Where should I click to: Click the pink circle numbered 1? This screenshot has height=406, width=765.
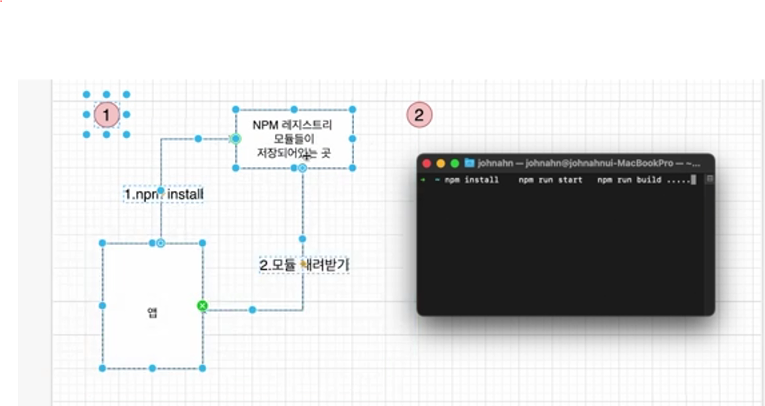pos(106,115)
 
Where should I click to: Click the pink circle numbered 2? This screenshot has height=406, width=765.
pos(420,115)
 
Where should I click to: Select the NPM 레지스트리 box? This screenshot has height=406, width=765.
pos(293,139)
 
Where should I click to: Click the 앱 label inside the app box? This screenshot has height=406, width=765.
pos(152,313)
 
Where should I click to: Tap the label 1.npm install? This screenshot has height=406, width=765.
pos(163,194)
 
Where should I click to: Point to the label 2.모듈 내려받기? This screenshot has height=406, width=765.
pos(304,265)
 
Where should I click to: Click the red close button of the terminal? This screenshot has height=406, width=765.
pos(427,164)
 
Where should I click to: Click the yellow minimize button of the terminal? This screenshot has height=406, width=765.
pos(441,164)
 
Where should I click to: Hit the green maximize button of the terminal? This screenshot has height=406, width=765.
pos(455,164)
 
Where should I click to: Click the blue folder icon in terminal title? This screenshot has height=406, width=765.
pos(470,163)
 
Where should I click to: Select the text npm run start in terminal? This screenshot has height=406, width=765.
pos(550,180)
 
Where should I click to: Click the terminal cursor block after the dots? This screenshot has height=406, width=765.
pos(694,180)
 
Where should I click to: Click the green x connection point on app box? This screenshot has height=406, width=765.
pos(203,306)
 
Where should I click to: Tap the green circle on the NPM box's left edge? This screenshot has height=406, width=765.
pos(235,139)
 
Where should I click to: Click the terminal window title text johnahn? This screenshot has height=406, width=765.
pos(494,163)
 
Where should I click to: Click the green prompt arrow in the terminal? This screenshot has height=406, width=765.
pos(423,180)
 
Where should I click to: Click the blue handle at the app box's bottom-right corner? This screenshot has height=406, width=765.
pos(203,368)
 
